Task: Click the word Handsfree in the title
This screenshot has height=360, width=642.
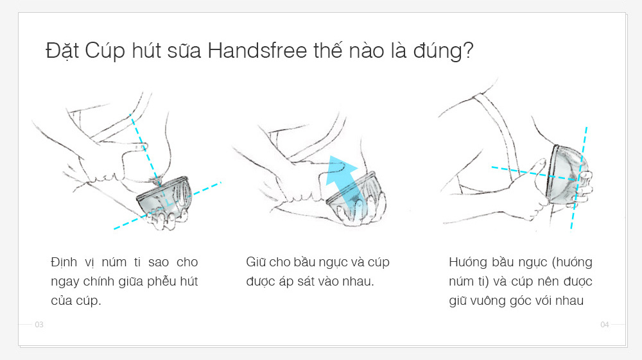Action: point(257,51)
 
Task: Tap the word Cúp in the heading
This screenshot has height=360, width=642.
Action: point(105,51)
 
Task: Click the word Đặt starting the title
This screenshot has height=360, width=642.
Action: point(62,51)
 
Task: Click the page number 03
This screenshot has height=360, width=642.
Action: point(39,325)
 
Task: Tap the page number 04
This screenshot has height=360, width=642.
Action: point(604,325)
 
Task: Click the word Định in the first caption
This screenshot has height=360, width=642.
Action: point(64,262)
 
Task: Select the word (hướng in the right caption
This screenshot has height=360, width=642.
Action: point(572,262)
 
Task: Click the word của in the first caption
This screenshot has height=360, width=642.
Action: point(62,301)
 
